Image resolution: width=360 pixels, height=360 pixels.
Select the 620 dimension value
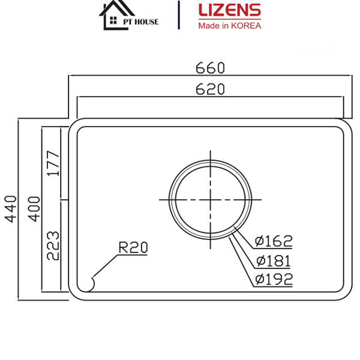tap(210, 89)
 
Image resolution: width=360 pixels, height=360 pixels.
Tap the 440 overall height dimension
tap(10, 208)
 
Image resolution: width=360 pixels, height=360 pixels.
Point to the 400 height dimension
tap(34, 208)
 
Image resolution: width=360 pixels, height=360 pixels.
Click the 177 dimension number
tap(53, 163)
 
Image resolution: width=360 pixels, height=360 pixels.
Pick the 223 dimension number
tap(53, 245)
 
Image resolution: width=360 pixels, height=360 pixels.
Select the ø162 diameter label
tap(273, 241)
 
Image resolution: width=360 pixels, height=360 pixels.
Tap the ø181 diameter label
tap(273, 260)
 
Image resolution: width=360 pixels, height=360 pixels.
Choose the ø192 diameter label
tap(273, 279)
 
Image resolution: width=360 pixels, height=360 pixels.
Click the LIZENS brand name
tap(229, 11)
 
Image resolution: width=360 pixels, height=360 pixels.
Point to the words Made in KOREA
tap(229, 25)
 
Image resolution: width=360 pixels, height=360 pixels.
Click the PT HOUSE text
tap(140, 22)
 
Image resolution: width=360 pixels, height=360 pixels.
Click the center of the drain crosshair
tap(211, 199)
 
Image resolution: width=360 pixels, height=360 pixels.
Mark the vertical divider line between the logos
tap(179, 15)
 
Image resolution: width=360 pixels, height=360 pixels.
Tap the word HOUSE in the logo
tap(147, 22)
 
